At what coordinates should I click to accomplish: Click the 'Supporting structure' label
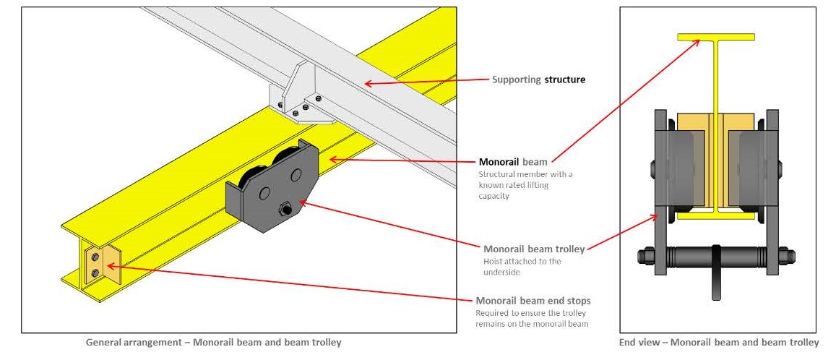538,80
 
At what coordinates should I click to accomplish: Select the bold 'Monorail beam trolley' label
534,248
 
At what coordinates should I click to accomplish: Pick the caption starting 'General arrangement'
213,342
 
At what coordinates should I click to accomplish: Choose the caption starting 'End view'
719,342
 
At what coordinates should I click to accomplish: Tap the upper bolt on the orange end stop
95,255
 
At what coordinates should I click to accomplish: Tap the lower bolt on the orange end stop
95,273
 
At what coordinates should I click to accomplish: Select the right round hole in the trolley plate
296,175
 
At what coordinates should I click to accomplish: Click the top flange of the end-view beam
715,36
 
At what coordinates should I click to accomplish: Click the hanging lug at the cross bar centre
715,273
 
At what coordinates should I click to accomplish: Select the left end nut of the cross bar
645,256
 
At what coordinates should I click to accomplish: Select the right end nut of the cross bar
786,256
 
